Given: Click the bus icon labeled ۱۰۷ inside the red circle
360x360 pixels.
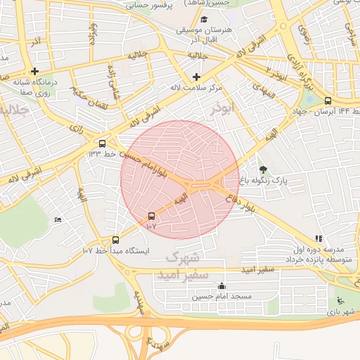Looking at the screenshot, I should [x=151, y=216].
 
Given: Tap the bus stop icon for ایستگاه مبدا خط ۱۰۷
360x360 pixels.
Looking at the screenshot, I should [x=116, y=240].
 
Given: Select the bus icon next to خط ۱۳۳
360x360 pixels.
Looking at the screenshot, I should [x=103, y=141].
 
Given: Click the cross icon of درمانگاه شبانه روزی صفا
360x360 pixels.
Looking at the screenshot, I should [x=34, y=71].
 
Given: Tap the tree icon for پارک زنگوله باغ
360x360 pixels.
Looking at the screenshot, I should [x=263, y=169].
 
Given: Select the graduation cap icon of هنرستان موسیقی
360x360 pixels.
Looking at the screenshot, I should [x=204, y=20].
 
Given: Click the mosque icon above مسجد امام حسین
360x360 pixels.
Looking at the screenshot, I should [x=222, y=286].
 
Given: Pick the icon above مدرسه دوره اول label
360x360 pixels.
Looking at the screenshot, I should [x=319, y=239].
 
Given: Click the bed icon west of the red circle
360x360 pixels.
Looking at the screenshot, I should [x=58, y=220].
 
